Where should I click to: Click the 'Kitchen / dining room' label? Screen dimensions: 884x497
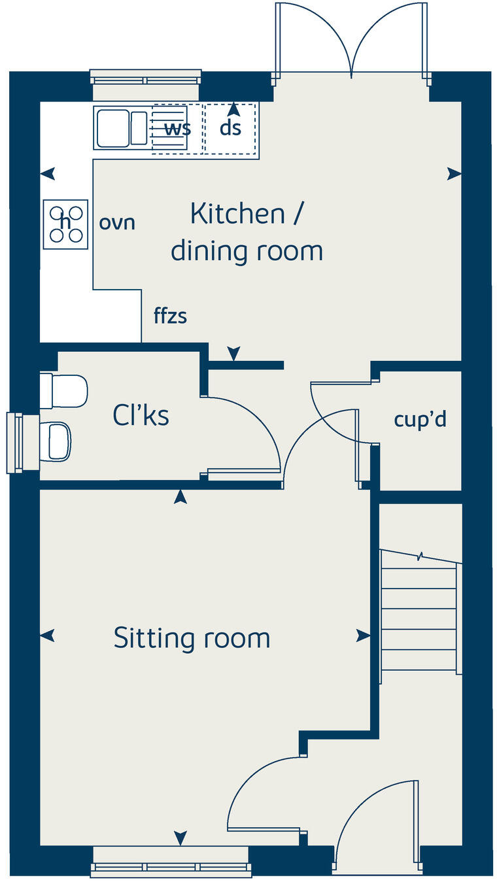pyautogui.click(x=247, y=232)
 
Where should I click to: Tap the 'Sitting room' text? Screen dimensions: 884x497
pyautogui.click(x=192, y=637)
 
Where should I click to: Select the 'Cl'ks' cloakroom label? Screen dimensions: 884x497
pyautogui.click(x=141, y=415)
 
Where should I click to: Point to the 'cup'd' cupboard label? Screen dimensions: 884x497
pyautogui.click(x=420, y=419)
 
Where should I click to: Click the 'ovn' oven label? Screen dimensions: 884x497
pyautogui.click(x=117, y=222)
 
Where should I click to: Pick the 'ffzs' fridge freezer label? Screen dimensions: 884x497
pyautogui.click(x=170, y=316)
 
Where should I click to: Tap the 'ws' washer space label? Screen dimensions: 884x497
pyautogui.click(x=177, y=128)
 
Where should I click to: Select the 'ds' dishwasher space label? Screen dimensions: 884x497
pyautogui.click(x=230, y=128)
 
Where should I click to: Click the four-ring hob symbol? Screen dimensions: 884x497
pyautogui.click(x=65, y=224)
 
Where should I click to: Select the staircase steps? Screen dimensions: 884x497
pyautogui.click(x=419, y=611)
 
